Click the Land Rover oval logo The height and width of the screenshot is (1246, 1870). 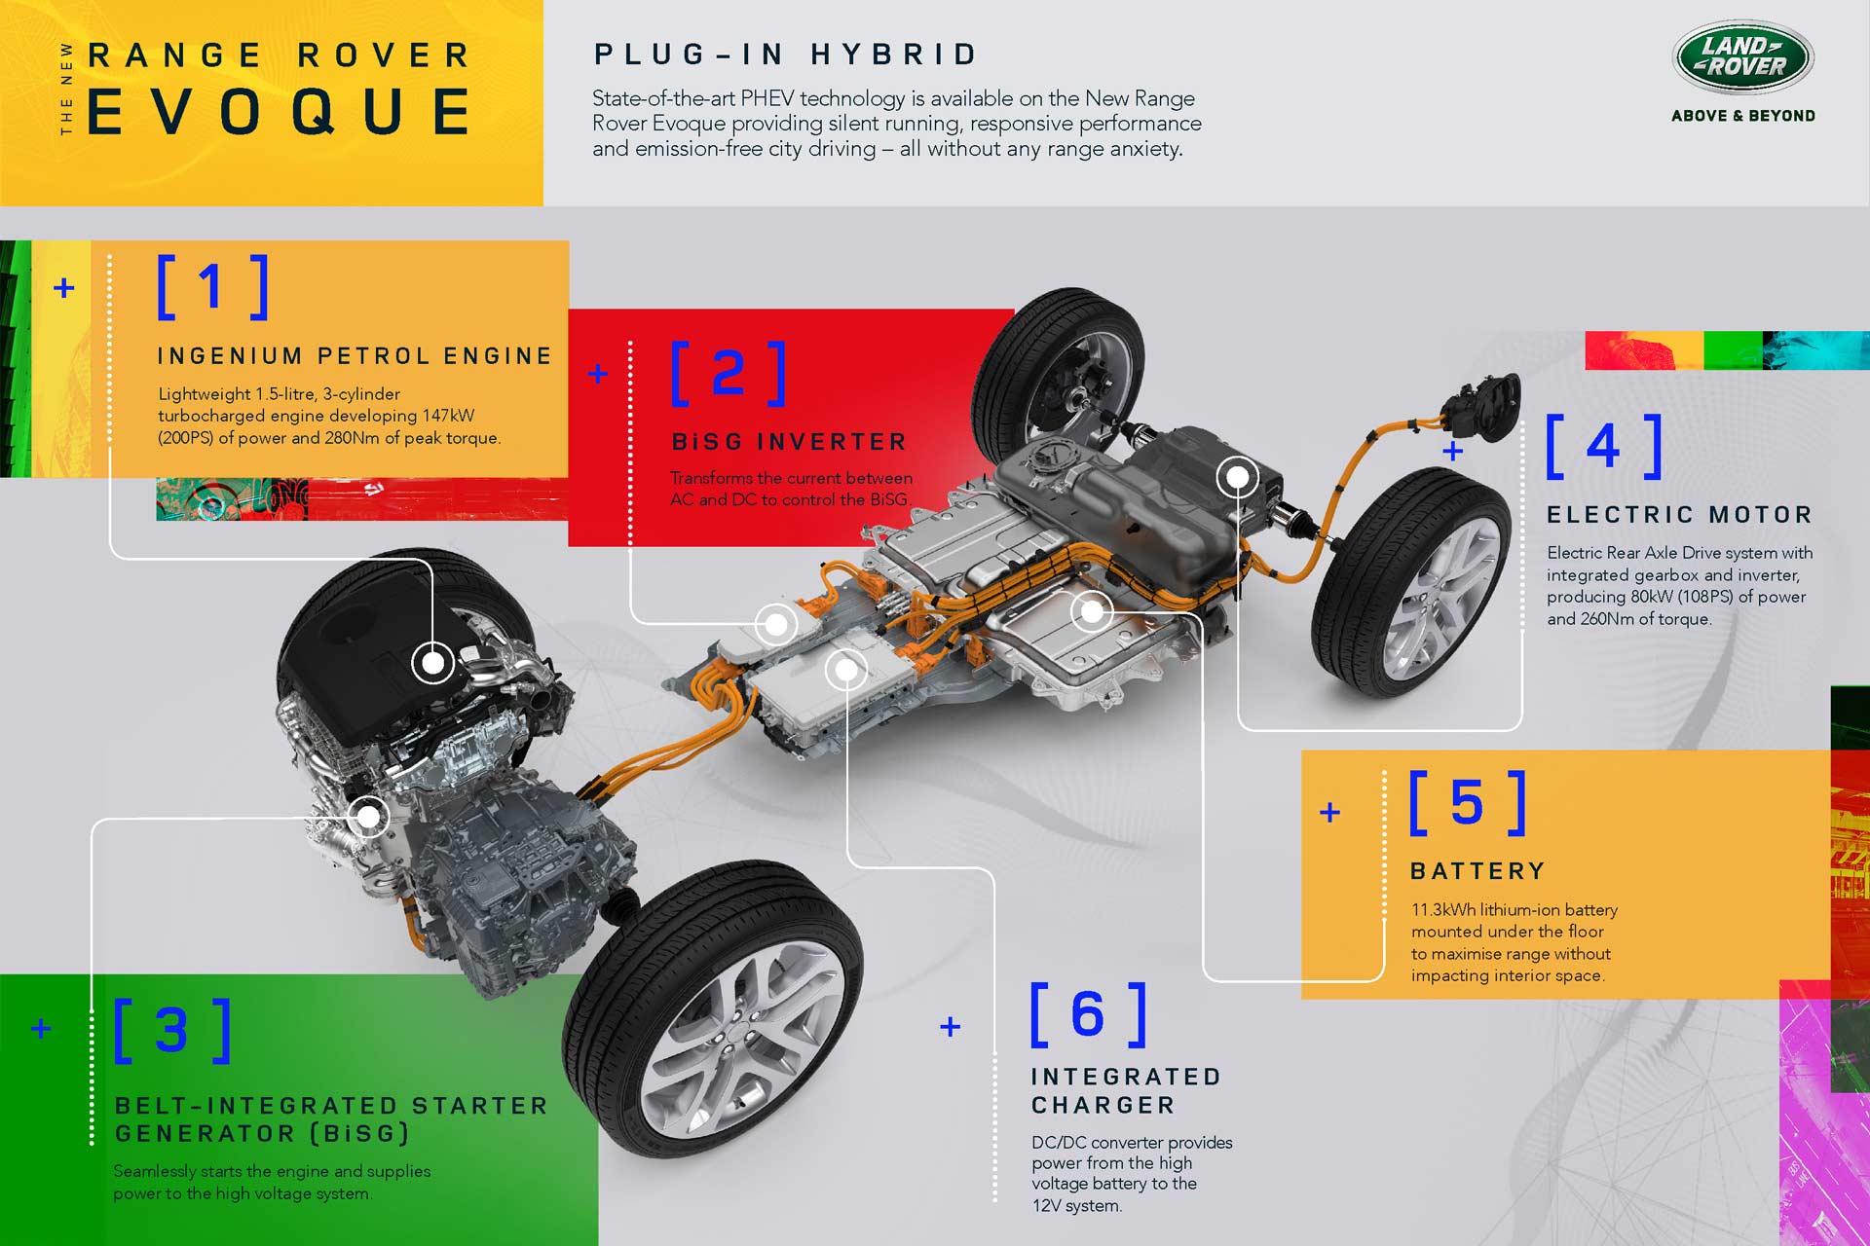pos(1742,57)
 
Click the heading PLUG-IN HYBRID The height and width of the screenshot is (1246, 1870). pos(785,55)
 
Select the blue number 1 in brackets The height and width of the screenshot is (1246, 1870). pos(212,287)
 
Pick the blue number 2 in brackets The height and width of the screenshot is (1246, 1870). pos(729,373)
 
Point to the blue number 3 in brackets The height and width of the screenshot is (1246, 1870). pos(172,1030)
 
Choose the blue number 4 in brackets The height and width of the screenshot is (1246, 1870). pos(1603,447)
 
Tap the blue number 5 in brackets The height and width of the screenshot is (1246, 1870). pos(1468,803)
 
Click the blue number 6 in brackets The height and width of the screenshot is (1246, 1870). pos(1088,1014)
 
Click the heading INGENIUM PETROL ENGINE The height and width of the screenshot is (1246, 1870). pos(355,356)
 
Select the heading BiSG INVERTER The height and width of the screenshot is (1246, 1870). pos(789,442)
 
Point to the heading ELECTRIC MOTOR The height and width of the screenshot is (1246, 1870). pos(1679,515)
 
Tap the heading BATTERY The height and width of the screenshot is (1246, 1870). pos(1477,871)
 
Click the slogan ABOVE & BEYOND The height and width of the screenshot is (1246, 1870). pos(1742,116)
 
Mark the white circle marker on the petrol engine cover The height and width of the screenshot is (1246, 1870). pos(432,663)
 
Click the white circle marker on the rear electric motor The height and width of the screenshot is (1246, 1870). pos(1237,477)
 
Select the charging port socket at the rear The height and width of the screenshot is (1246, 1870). pos(1481,406)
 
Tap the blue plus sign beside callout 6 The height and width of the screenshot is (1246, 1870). pos(951,1026)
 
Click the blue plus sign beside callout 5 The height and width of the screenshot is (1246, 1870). pos(1329,812)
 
